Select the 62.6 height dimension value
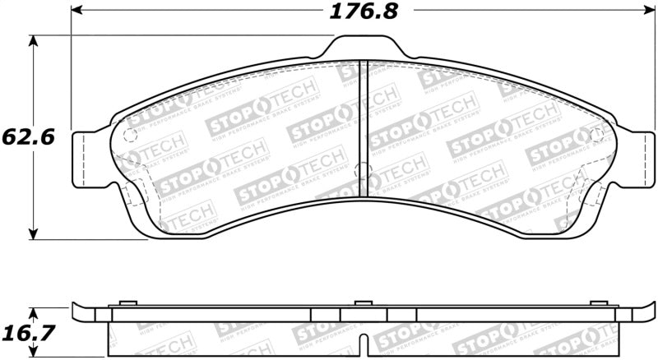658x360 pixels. (27, 137)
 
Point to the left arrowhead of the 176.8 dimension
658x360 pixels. (76, 12)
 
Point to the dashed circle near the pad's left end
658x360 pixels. (128, 135)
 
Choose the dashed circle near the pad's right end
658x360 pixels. (597, 133)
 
